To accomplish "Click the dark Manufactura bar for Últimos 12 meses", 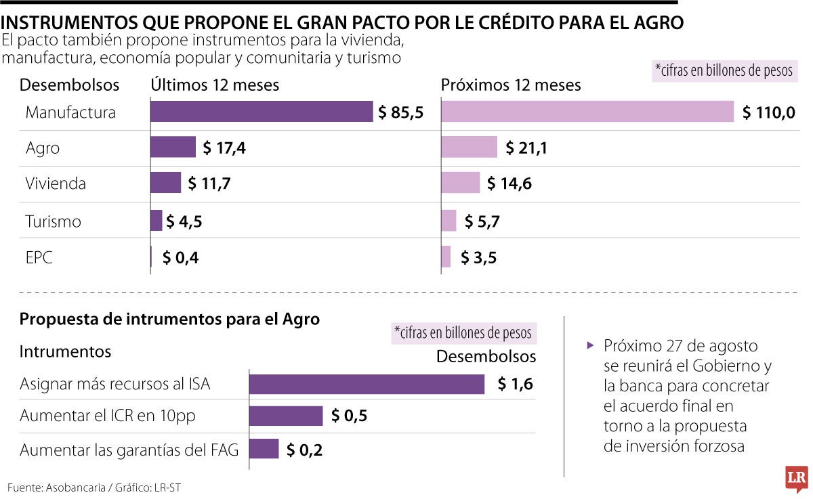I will [x=262, y=112].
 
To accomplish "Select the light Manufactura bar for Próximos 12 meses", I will [x=587, y=112].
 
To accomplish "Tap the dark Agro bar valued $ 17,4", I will [x=173, y=147].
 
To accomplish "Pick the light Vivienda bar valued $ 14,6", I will [x=461, y=183].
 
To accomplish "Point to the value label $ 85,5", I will [x=400, y=112].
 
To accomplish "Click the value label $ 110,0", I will [x=768, y=112].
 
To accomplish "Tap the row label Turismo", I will [x=53, y=221].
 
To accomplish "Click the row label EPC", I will [x=39, y=257].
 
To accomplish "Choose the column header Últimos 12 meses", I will [x=215, y=85].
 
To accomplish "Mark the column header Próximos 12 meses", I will [x=511, y=85].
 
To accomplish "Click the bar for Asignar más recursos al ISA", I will [x=367, y=384].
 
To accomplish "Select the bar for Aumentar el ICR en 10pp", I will [x=286, y=416].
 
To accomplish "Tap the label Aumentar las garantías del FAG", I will [x=129, y=450].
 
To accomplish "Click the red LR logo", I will [x=795, y=479].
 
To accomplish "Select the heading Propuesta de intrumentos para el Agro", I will [x=170, y=319].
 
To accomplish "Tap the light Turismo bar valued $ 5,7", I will [x=449, y=221].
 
